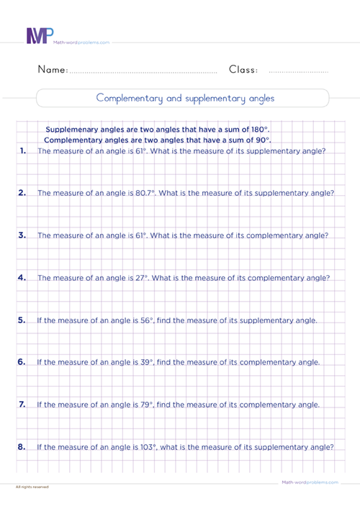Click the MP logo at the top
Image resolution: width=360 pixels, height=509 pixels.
click(37, 37)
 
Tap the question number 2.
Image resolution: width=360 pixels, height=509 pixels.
click(23, 192)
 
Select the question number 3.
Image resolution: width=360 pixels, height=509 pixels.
click(23, 235)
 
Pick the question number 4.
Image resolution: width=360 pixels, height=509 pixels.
click(23, 277)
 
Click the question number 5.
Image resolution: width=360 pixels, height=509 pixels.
click(23, 320)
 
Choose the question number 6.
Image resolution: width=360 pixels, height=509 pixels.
click(23, 362)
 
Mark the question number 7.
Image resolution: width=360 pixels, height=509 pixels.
click(23, 405)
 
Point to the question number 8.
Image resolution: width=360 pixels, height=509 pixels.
click(23, 447)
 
